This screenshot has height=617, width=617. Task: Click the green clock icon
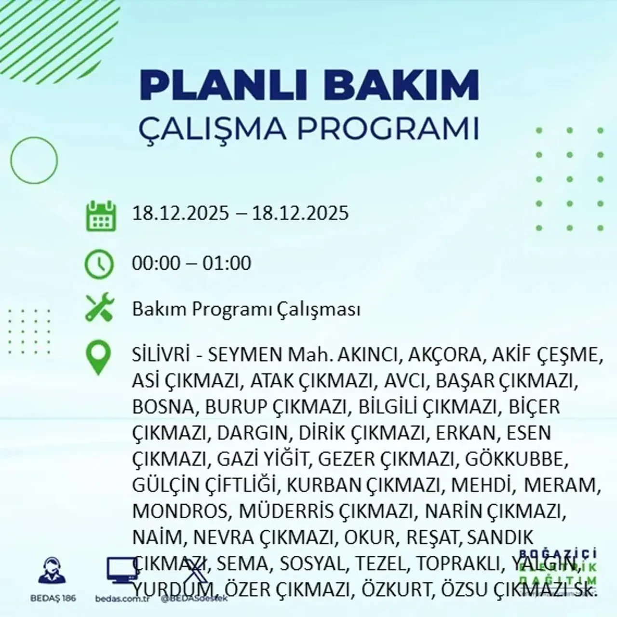(x=99, y=264)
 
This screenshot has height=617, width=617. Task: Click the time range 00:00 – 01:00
(x=192, y=264)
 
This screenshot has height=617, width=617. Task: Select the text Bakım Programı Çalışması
(x=246, y=309)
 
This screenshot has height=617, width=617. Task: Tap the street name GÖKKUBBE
(x=515, y=459)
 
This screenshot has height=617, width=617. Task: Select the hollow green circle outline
(x=34, y=160)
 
